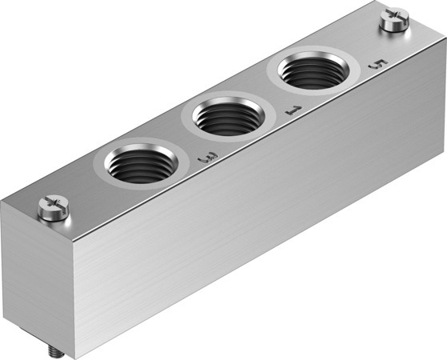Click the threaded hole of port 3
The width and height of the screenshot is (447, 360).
[x=141, y=163]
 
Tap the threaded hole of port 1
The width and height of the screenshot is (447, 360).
[x=229, y=116]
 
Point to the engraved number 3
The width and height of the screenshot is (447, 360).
[x=208, y=158]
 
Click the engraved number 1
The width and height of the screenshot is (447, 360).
[x=293, y=110]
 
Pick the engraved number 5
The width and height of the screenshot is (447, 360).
[x=378, y=64]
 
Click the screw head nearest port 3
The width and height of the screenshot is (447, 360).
[x=54, y=207]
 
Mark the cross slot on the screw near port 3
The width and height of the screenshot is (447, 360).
[x=54, y=203]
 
